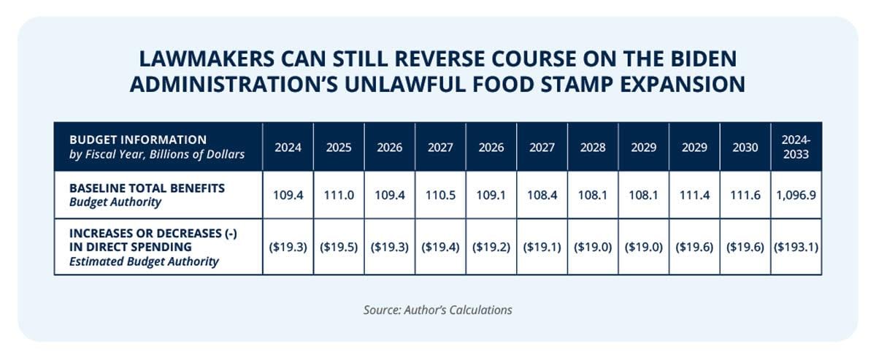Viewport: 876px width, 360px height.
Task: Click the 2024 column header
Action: (288, 147)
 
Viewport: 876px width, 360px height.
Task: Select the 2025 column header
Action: (339, 147)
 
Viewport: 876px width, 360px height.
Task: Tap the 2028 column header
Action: (593, 147)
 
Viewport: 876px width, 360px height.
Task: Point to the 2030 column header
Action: (745, 147)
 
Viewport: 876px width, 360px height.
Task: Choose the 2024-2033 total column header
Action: (796, 147)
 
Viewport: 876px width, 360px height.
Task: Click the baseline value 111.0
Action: (339, 195)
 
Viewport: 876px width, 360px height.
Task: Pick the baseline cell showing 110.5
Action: (440, 195)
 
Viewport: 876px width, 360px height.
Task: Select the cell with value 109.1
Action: (491, 195)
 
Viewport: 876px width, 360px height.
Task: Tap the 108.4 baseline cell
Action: (542, 195)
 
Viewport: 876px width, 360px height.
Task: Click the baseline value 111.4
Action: (694, 195)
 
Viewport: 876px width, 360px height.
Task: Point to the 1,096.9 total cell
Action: (796, 195)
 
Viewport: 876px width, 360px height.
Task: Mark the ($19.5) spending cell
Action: (339, 247)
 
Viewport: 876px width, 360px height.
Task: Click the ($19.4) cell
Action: (440, 247)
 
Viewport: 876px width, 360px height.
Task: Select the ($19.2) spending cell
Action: (491, 247)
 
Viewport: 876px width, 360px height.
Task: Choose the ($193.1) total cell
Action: (796, 247)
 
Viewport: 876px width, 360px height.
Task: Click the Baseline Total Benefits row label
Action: (147, 195)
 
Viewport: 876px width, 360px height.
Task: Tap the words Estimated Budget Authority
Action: (144, 261)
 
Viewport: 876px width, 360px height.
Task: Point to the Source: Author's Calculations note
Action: (437, 310)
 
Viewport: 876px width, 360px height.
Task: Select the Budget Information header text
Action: (138, 139)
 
